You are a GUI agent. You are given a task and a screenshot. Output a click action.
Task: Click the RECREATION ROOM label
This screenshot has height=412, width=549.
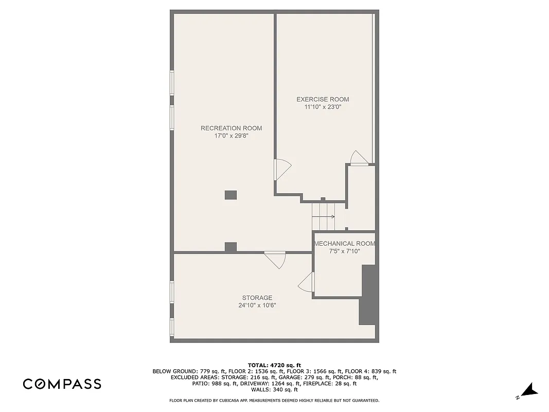click(231, 128)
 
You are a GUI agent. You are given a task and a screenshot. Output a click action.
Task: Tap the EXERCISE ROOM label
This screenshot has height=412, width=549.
click(323, 99)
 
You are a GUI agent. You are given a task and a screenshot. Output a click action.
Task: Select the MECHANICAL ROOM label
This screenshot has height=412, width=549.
click(344, 244)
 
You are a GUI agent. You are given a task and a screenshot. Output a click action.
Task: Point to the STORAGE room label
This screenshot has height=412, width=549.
click(257, 298)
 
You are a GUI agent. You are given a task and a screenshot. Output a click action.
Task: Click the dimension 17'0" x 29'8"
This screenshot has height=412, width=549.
click(231, 136)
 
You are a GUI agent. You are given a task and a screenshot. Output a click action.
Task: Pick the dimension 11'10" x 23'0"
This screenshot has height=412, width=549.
click(323, 107)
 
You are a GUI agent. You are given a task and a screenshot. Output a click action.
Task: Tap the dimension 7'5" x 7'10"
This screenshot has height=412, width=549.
click(344, 251)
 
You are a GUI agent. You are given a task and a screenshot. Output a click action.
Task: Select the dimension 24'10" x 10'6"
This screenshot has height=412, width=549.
click(257, 305)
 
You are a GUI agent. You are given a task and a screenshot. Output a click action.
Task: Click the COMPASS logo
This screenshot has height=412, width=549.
click(62, 384)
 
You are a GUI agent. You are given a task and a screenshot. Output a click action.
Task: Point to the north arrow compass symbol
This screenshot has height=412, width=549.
click(528, 391)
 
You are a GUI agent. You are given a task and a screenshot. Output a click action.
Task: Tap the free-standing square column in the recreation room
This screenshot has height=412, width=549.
click(231, 195)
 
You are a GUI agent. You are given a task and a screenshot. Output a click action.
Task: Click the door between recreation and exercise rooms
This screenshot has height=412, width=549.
click(282, 169)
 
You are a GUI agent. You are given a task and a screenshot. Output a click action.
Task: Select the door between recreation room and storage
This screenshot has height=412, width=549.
click(275, 259)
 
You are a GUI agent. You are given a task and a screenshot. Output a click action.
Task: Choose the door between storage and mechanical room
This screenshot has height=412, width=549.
click(307, 282)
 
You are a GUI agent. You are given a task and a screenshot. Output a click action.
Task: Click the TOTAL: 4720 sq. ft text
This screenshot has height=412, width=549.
click(274, 365)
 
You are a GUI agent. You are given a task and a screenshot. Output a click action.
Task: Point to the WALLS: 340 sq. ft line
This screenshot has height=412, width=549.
click(274, 390)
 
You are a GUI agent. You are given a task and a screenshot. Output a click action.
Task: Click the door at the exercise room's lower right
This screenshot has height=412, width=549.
click(359, 158)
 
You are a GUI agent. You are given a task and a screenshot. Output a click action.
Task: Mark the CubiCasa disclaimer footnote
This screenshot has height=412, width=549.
click(274, 400)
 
